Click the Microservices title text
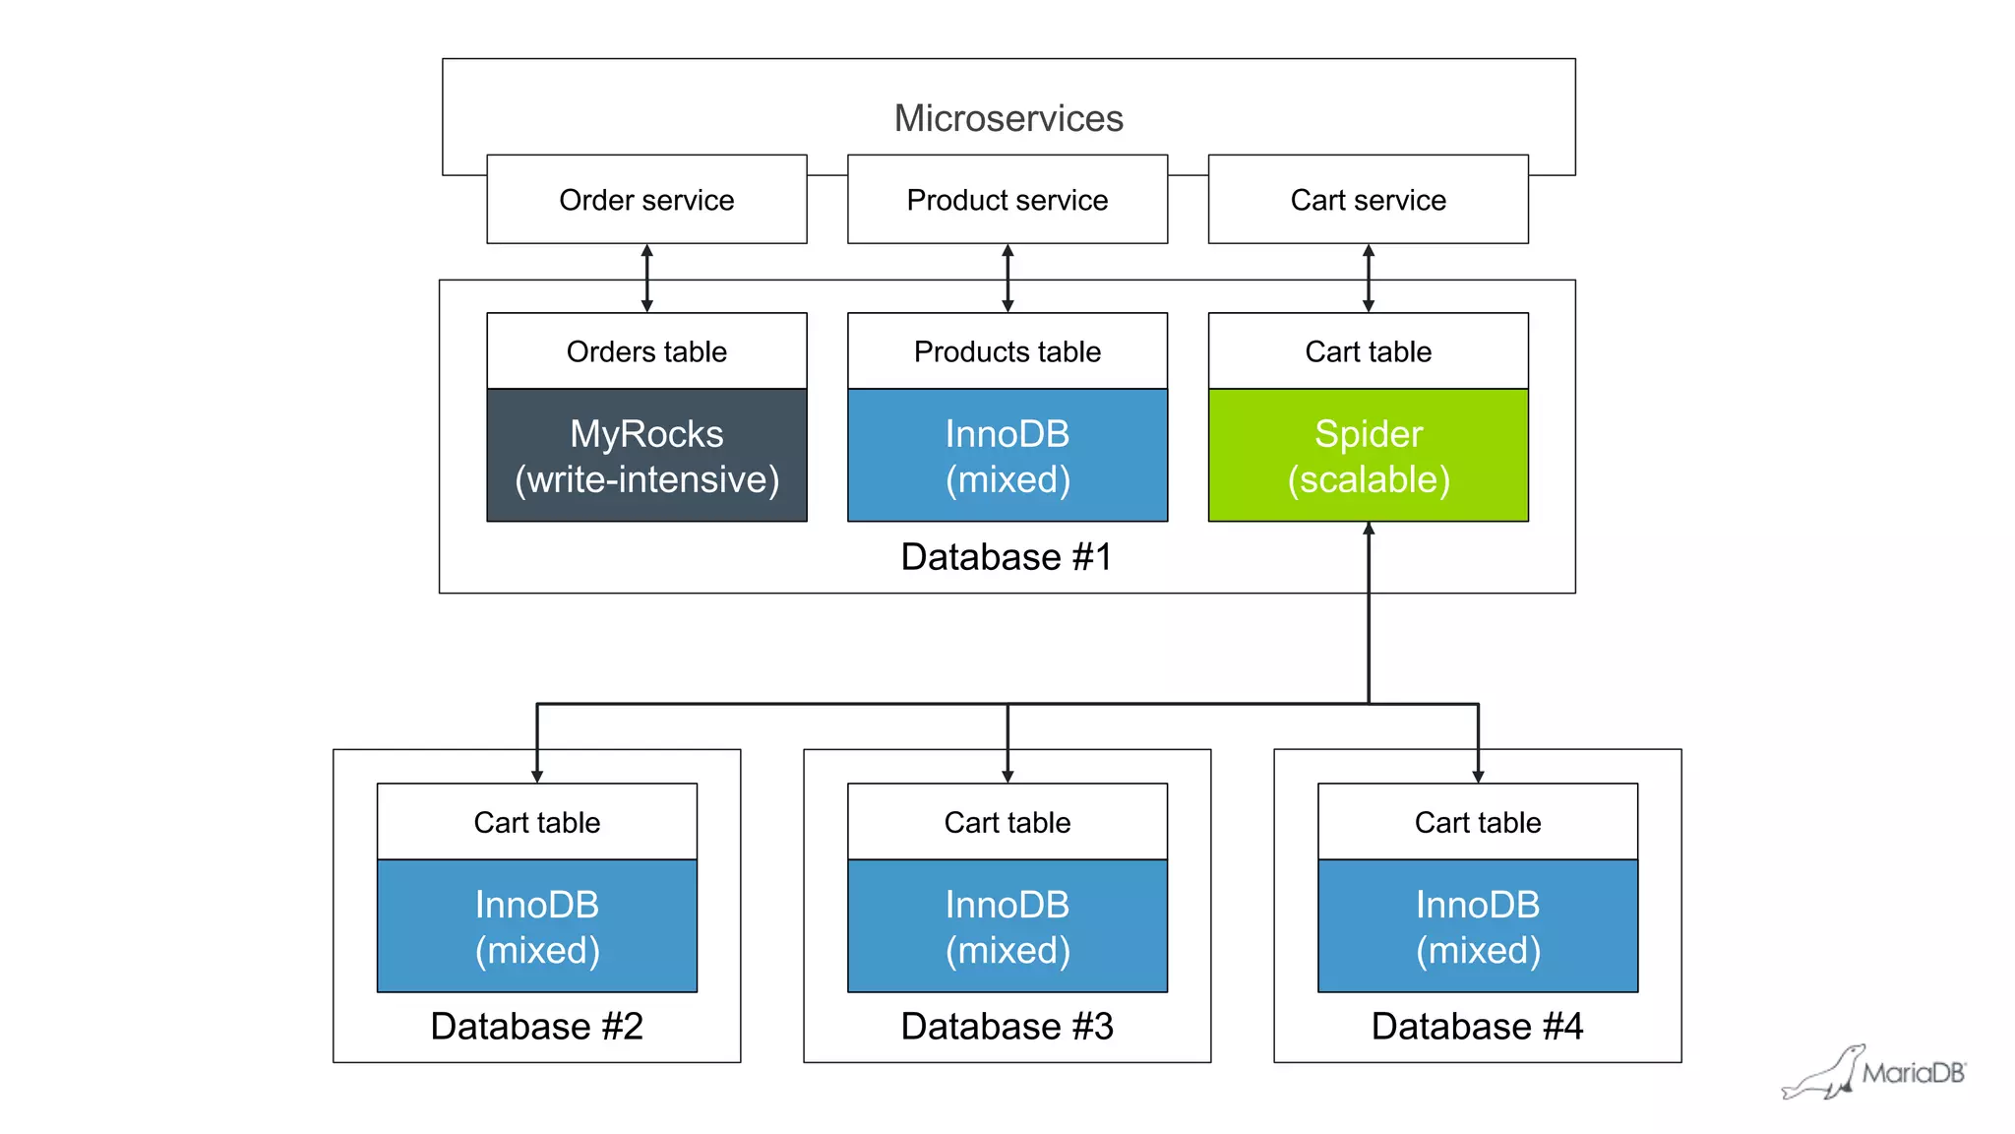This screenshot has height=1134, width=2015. (1007, 118)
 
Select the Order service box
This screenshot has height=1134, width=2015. (646, 200)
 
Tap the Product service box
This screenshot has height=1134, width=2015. (1007, 200)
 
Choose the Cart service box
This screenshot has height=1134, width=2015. (1368, 200)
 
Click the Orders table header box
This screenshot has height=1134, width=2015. (646, 351)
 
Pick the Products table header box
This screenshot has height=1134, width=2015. (1007, 351)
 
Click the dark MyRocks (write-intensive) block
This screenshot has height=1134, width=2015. (646, 456)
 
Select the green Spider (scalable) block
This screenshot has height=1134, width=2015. (1368, 456)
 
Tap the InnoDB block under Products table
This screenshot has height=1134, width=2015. (1007, 456)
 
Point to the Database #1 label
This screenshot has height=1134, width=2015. (1006, 557)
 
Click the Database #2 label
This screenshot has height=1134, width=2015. (536, 1027)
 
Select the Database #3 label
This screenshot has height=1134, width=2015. (1007, 1027)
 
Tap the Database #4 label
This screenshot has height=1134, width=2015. (1477, 1027)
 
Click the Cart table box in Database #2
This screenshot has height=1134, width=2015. (536, 822)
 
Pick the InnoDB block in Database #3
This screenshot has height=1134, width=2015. (1007, 926)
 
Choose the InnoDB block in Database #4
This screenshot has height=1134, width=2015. (1478, 926)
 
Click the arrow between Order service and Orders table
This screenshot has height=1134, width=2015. (646, 279)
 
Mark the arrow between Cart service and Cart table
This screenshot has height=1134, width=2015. (1368, 279)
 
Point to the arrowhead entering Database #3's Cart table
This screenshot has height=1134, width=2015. (1007, 776)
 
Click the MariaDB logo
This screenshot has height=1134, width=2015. (1874, 1073)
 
